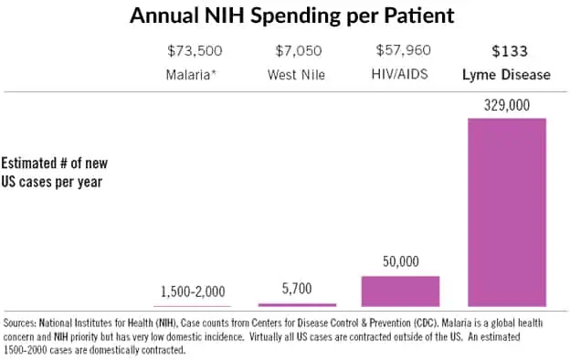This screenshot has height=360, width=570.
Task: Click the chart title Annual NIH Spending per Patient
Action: (284, 16)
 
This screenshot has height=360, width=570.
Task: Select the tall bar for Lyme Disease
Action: (507, 212)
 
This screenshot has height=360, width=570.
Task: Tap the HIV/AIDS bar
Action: (400, 291)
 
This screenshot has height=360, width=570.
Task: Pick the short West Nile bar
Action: (297, 303)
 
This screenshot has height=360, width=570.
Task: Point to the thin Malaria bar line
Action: (193, 305)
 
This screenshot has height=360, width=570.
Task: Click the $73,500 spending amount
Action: (193, 50)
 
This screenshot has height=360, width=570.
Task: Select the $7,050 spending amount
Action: (297, 50)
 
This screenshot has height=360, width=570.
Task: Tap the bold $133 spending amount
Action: (507, 50)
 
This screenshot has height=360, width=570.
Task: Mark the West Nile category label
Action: (297, 74)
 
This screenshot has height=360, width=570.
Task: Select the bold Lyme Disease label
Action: (507, 74)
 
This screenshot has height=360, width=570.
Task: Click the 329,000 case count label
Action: (507, 106)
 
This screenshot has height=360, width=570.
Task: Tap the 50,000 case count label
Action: (400, 262)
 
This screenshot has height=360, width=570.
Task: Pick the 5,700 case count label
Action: (297, 288)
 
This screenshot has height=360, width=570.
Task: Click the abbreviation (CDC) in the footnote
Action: (379, 323)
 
